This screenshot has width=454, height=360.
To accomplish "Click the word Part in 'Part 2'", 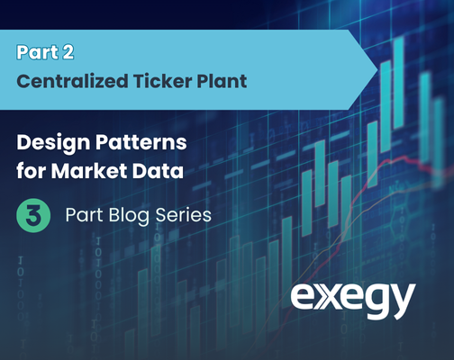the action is coord(38,52).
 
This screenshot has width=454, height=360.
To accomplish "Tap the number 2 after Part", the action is coord(68,52).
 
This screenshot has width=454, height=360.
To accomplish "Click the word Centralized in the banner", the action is coord(72,81).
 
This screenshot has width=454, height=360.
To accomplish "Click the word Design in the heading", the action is coord(53,143).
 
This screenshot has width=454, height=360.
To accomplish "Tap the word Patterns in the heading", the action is coord(141,142).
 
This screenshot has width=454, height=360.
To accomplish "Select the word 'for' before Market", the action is coord(30,171).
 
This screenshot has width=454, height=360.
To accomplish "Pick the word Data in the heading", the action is coord(158,171).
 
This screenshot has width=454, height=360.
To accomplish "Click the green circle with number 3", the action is coord(33,215).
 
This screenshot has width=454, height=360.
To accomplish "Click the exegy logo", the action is coord(353,300).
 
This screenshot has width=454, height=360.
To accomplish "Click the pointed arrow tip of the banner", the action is coord(377,69).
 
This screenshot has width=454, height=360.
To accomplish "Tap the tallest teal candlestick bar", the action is coord(399,83).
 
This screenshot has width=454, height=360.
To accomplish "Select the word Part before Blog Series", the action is coord(85,215).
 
